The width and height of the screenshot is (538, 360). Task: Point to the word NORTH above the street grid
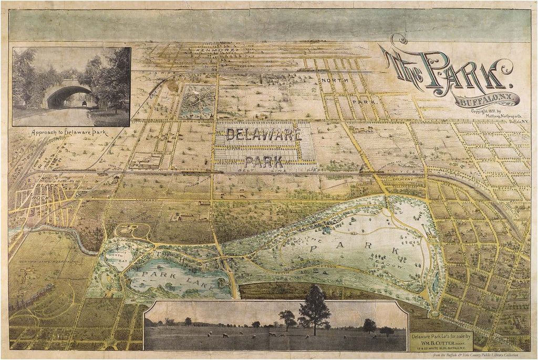332,80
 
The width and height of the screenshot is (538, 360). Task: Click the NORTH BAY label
117,258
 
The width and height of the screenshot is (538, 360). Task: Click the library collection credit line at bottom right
473,355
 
